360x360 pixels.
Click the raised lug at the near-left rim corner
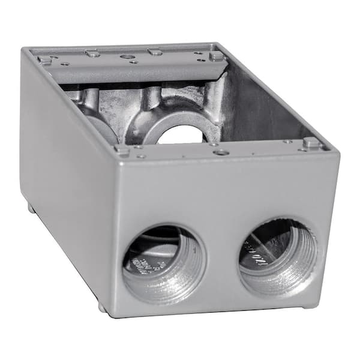tap(122, 150)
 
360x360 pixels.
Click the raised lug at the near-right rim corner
tap(310, 143)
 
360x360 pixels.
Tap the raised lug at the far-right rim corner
tap(216, 56)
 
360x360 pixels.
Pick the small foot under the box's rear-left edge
tap(30, 208)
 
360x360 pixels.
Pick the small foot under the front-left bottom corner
tap(102, 308)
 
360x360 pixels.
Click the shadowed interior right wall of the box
tap(270, 108)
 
